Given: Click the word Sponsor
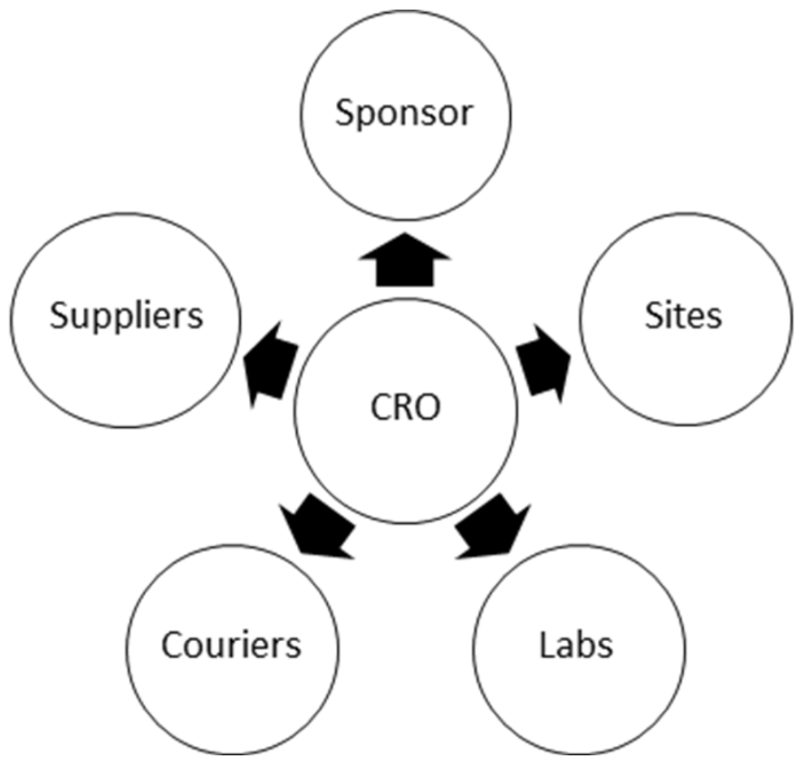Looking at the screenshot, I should point(404,114).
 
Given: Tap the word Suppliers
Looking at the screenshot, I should point(126,316).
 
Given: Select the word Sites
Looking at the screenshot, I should point(683,316).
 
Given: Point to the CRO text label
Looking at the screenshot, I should point(405,407).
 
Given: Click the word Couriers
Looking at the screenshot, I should point(231,645).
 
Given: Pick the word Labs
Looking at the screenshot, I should point(576,645).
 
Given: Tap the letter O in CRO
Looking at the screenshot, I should point(428,408).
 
